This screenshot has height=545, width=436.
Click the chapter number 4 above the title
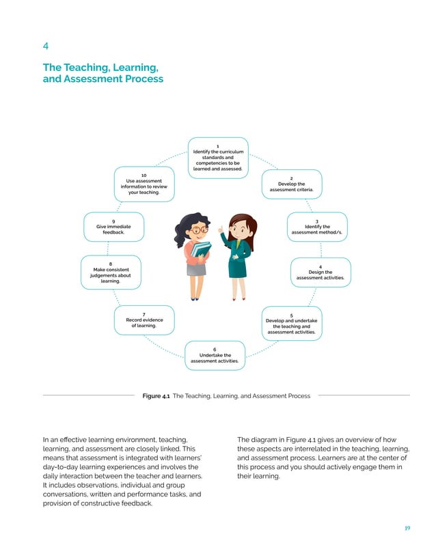coord(45,46)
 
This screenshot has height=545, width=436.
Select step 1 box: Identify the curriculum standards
coord(217,158)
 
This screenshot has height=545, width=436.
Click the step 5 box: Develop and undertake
coord(291,324)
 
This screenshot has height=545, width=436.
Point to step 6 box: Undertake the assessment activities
coord(215,355)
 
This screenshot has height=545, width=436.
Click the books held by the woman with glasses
coord(200,249)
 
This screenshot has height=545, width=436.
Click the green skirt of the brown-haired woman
coord(238,268)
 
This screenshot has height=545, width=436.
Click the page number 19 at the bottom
coord(408,529)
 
